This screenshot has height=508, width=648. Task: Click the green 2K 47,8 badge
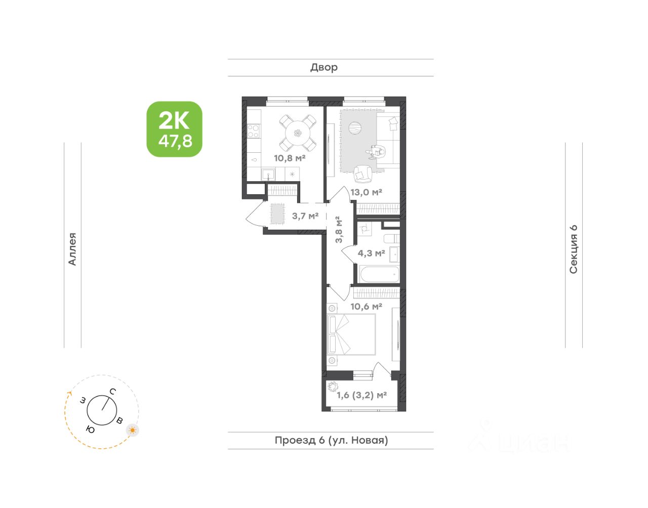174,129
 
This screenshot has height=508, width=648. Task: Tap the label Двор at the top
324,68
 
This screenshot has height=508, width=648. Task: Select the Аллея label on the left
72,249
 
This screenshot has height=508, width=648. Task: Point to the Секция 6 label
574,249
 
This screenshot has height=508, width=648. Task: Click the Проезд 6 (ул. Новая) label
331,440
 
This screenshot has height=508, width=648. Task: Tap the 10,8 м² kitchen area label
290,158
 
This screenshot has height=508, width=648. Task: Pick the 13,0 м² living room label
366,192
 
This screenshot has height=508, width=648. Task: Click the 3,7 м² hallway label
305,216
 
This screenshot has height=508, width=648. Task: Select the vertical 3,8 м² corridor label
339,230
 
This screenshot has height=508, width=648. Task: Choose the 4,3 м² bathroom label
371,253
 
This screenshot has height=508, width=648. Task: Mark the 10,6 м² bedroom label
366,306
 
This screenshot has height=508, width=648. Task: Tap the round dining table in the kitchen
298,133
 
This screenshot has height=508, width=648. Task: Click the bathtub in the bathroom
379,274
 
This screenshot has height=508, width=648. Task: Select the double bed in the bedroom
351,334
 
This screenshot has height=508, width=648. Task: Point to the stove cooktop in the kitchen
254,132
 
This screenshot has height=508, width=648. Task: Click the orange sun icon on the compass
133,430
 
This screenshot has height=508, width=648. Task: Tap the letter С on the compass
112,392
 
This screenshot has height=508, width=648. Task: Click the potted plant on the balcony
333,387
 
